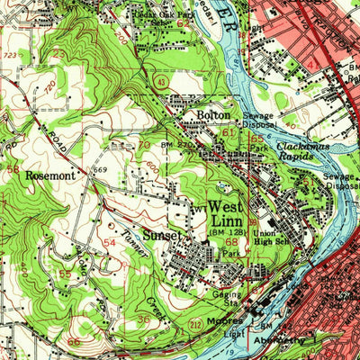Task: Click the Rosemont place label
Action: click(x=49, y=176)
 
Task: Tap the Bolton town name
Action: click(x=214, y=115)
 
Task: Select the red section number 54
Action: click(x=109, y=244)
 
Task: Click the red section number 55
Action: click(x=65, y=274)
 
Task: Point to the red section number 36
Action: click(x=144, y=319)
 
